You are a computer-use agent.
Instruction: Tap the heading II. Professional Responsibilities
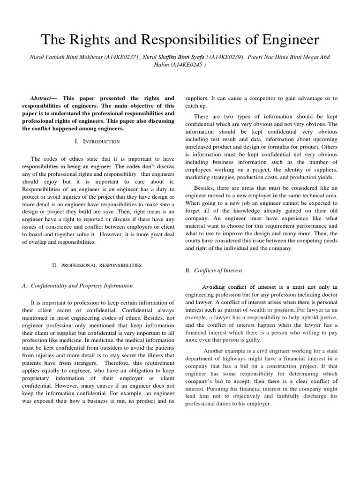click(97, 265)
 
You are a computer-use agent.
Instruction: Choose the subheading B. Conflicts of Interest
click(214, 270)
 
